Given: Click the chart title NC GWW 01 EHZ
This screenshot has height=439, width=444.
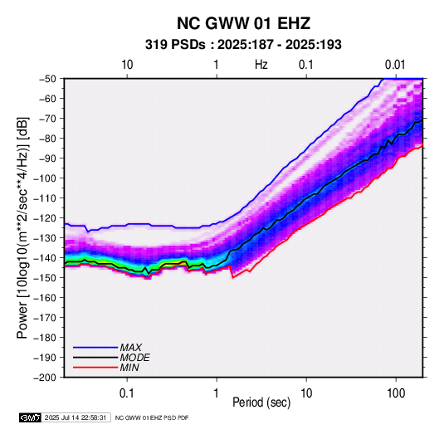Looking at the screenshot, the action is [243, 23].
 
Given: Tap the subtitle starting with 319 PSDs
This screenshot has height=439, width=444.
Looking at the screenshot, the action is [243, 45].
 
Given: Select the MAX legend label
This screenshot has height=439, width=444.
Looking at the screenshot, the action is [131, 347].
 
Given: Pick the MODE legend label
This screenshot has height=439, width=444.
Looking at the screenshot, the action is [134, 358].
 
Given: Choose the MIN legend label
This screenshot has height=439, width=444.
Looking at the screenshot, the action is [129, 368].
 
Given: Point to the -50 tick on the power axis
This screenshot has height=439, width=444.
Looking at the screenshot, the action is [47, 79].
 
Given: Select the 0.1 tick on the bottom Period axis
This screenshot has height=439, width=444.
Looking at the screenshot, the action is [127, 393].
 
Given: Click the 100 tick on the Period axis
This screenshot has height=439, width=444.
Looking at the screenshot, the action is [396, 393].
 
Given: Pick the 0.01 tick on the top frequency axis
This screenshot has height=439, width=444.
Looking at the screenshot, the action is [395, 65].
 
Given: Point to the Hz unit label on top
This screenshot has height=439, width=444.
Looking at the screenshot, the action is [261, 65].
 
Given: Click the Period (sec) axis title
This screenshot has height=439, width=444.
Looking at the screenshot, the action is [261, 402].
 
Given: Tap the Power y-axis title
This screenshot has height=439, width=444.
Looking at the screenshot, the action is [22, 227].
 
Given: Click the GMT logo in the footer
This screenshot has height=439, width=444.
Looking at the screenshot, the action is [31, 417].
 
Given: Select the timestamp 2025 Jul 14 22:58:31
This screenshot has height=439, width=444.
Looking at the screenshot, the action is [76, 417].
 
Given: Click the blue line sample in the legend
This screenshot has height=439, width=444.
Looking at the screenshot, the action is [95, 348].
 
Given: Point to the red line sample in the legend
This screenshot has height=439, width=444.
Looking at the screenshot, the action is [95, 368].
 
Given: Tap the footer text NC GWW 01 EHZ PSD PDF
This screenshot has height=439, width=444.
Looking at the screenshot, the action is [152, 417].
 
